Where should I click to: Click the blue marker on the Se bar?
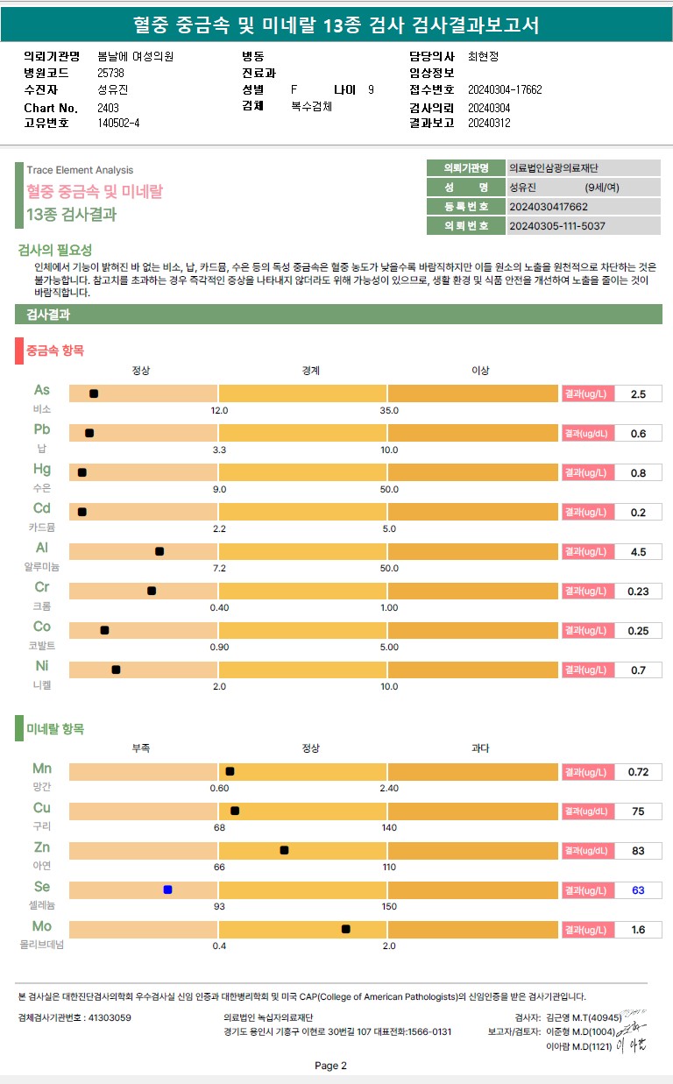coord(167,889)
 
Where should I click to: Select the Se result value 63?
coord(638,890)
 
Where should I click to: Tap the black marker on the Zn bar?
coord(284,850)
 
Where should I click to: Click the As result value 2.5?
coord(638,394)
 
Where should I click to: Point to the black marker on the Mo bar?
coord(346,929)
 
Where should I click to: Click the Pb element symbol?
coord(42,429)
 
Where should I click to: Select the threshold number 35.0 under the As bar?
coord(389,410)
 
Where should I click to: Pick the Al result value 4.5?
coord(638,552)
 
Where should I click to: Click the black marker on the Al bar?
coord(159,551)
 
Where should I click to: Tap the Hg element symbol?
coord(42,469)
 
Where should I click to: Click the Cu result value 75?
coord(638,811)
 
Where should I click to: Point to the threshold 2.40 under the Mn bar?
coord(389,788)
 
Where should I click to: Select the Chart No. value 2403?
coord(109,108)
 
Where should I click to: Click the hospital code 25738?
coord(111,73)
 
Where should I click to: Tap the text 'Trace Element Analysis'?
coord(80,170)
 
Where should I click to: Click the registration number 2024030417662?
coord(549,207)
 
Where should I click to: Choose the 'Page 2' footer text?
coord(330,1066)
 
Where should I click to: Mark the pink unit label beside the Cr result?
coord(587,592)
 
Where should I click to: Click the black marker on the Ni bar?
coord(116,670)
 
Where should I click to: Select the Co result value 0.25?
coord(638,631)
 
